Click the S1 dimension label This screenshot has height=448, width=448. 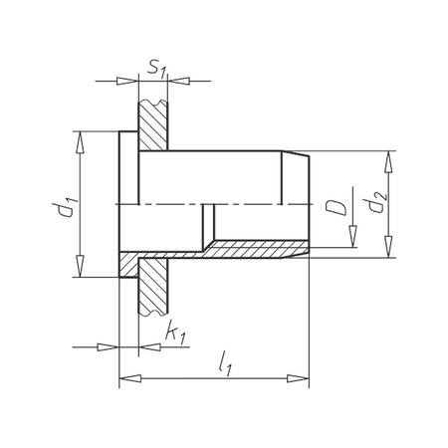[x=156, y=69]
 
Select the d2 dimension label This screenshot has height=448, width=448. [x=375, y=202]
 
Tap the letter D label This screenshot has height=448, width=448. [x=336, y=208]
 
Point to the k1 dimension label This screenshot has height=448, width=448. [x=176, y=332]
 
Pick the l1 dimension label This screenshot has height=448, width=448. [x=225, y=364]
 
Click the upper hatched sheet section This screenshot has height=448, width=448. [x=153, y=125]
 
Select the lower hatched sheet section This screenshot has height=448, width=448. [x=153, y=286]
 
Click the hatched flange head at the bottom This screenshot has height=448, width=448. [x=128, y=265]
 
